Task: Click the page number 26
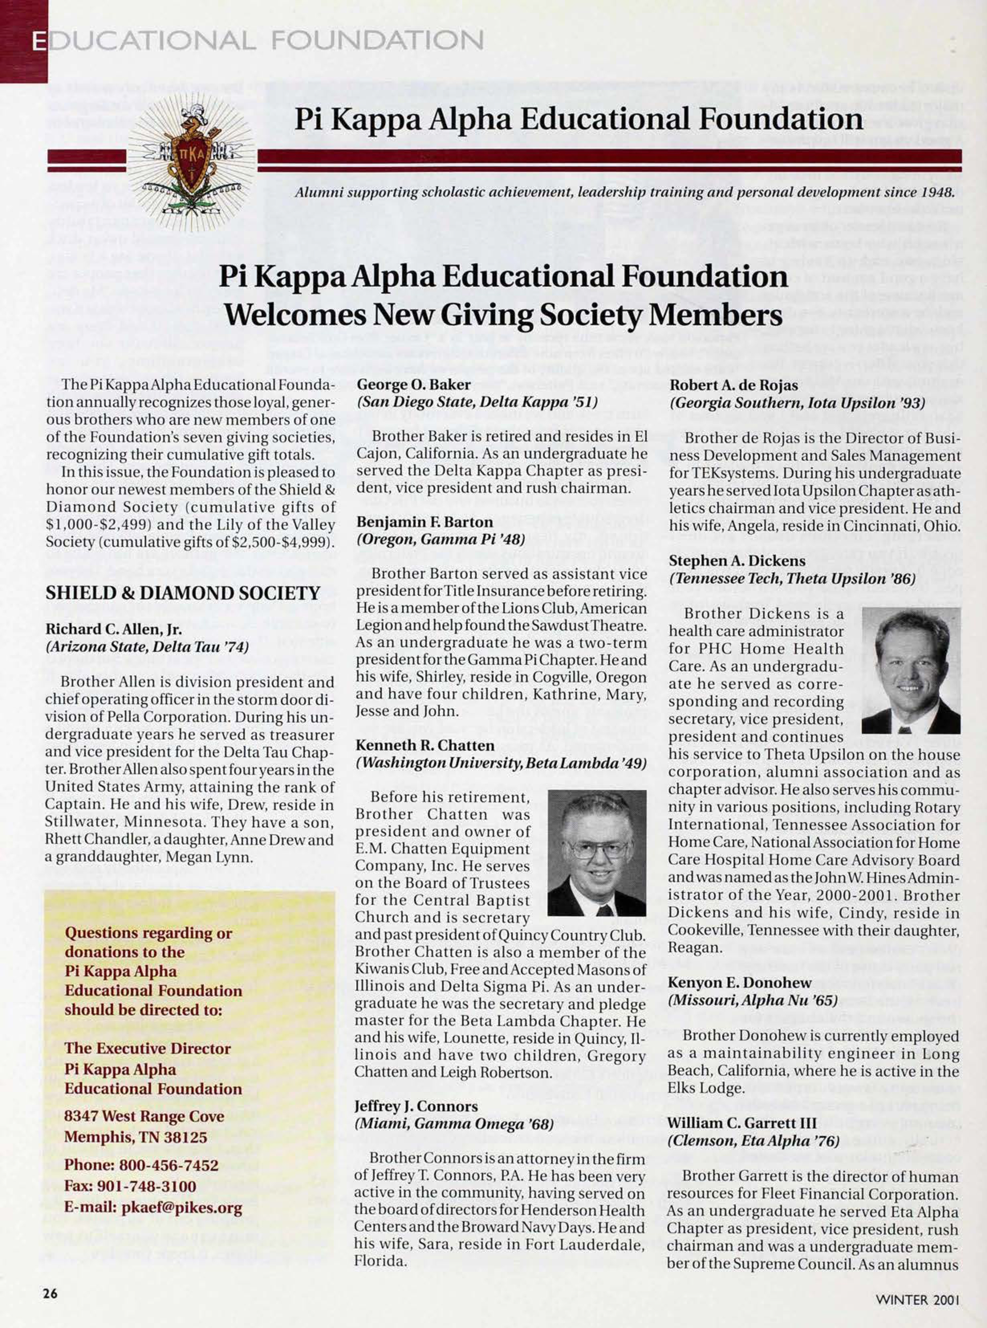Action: coord(50,1292)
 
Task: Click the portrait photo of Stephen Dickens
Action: coord(910,670)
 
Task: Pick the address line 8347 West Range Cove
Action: coord(144,1116)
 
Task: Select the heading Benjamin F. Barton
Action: coord(424,522)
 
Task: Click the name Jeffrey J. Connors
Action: coord(416,1106)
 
